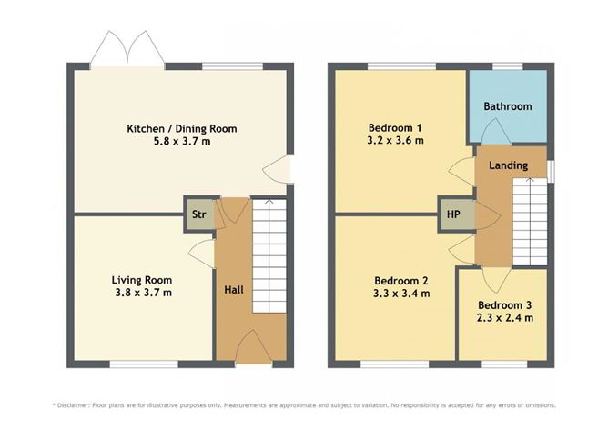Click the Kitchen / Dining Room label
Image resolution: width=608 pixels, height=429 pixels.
(x=181, y=129)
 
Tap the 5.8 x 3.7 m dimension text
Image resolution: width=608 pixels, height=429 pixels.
(x=181, y=143)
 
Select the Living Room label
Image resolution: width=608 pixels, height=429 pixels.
(x=141, y=280)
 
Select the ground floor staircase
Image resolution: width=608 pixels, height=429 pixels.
(x=268, y=254)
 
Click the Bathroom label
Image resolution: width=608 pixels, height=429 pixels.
(x=507, y=106)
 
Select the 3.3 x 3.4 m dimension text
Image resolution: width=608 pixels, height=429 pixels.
(x=401, y=294)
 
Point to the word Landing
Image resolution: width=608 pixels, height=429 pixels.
(x=509, y=166)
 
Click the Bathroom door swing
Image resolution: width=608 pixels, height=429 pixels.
(x=495, y=133)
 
